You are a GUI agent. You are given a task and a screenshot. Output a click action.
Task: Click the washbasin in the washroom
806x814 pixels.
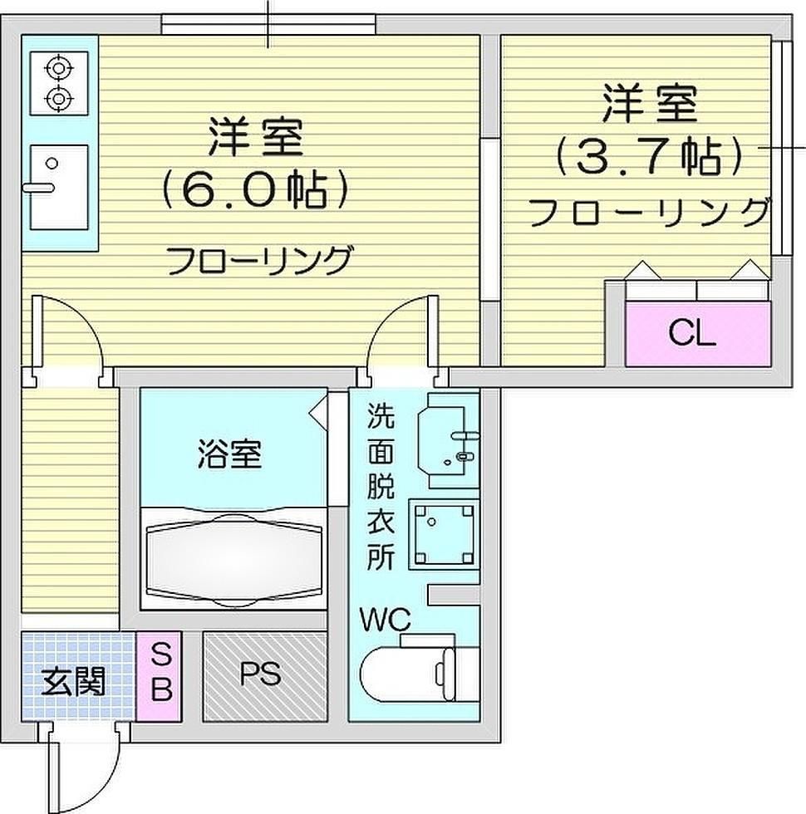(x=450, y=440)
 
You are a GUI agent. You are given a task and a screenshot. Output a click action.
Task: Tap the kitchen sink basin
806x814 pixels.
(x=59, y=186)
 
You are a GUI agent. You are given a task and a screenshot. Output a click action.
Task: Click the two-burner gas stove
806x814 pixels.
(x=59, y=82)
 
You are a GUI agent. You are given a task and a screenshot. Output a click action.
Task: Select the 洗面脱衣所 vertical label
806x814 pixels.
(x=381, y=486)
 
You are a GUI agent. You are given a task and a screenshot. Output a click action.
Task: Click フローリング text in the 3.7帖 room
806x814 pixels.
(x=648, y=213)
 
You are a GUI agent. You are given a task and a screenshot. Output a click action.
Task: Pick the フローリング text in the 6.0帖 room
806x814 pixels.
(x=259, y=262)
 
